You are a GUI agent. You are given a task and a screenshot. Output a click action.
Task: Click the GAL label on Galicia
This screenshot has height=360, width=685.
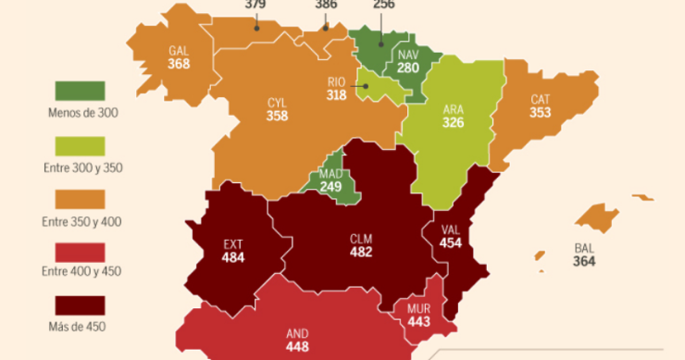coord(180,51)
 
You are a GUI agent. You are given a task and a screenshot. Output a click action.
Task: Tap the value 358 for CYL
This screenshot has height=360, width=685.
coord(277,116)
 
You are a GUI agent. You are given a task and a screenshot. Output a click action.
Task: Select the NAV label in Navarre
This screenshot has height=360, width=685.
coord(408,55)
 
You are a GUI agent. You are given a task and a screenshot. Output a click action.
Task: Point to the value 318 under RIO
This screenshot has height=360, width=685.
coord(337,94)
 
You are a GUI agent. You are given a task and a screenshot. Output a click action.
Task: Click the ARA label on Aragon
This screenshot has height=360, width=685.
coord(454,108)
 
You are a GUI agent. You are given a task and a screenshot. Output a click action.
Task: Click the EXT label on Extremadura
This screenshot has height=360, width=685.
coord(233,245)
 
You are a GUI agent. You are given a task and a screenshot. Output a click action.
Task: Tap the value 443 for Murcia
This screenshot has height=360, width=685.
coord(419,321)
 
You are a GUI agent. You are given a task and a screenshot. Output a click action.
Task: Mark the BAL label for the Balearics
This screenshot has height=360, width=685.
coord(584,249)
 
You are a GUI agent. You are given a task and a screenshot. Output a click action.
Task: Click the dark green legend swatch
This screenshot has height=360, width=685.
coord(80,91)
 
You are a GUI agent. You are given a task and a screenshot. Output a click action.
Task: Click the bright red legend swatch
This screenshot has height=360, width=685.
coord(80,251)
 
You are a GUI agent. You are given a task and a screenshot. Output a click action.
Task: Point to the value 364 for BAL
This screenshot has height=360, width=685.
coord(584,262)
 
